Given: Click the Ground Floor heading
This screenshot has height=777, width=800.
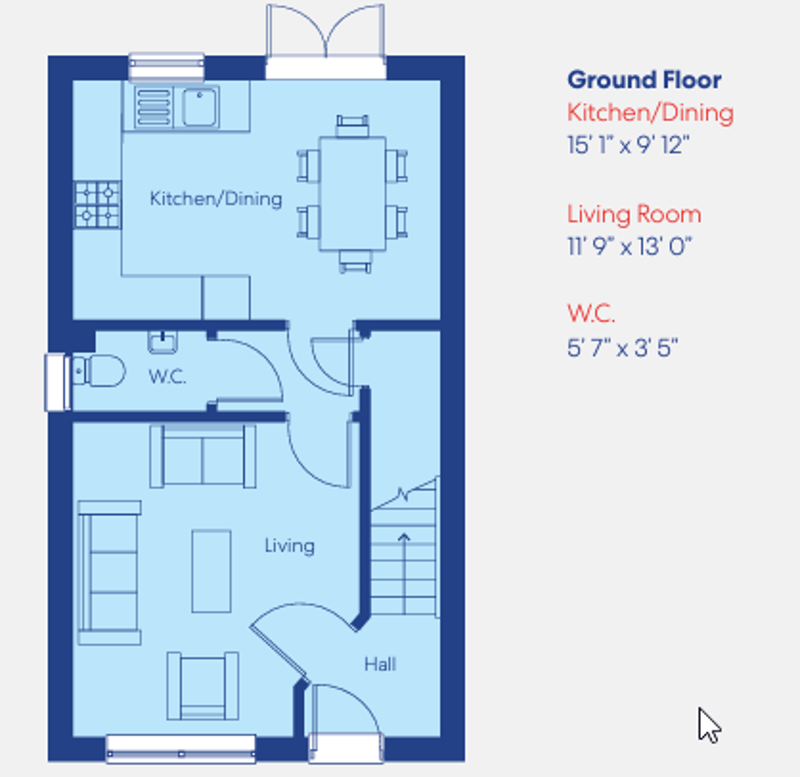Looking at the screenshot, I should pos(644,81).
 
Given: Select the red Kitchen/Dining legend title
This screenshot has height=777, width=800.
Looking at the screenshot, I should pos(650,112).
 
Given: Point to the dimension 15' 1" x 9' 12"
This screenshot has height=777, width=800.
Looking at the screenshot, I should pos(629,144).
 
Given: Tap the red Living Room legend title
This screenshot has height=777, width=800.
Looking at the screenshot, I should pos(634,214).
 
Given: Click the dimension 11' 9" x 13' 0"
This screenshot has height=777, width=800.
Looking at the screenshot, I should pos(630,246).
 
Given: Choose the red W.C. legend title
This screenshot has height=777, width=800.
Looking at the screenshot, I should pos(591,315).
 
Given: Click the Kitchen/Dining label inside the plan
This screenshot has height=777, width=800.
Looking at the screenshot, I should pos(215,198).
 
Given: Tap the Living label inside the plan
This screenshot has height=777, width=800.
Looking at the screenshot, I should pos(289,546).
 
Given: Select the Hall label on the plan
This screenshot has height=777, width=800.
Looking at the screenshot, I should pos(380,663).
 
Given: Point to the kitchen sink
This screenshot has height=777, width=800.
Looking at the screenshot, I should pos(201,105).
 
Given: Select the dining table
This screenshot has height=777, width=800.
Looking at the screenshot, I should pos(353,192).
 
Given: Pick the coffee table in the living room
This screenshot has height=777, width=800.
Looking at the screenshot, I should pos(211,571).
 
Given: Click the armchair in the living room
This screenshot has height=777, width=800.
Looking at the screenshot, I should pos(203,685).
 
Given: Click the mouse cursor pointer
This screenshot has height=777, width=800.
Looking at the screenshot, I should pos(708,725).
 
